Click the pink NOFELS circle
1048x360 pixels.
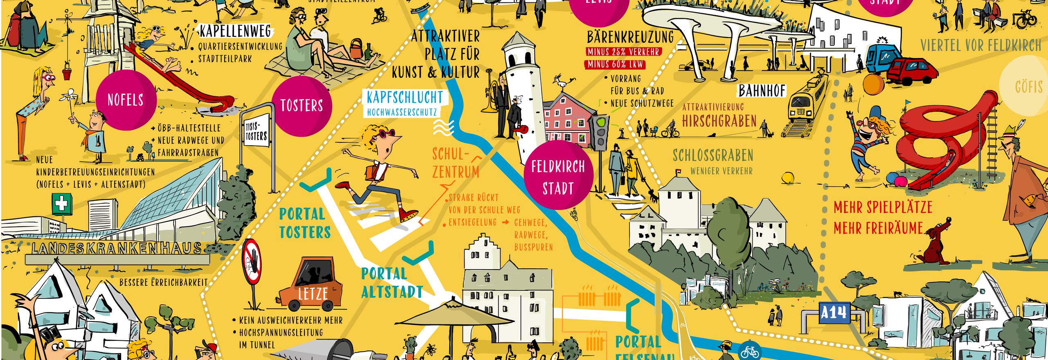pyautogui.click(x=126, y=100)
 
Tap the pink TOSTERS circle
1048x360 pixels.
pyautogui.click(x=302, y=106)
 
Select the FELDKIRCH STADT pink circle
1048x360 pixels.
pyautogui.click(x=558, y=177)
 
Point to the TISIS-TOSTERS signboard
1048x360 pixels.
pyautogui.click(x=256, y=131)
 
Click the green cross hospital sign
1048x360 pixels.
pyautogui.click(x=62, y=203)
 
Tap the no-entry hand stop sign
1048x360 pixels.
pyautogui.click(x=252, y=262)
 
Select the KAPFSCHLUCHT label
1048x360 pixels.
pyautogui.click(x=404, y=98)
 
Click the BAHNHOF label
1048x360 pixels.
pyautogui.click(x=762, y=91)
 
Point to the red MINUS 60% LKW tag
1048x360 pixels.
pyautogui.click(x=615, y=65)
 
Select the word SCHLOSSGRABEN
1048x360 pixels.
pyautogui.click(x=713, y=155)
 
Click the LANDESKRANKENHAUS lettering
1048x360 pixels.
pyautogui.click(x=117, y=248)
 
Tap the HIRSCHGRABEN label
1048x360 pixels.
pyautogui.click(x=719, y=122)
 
